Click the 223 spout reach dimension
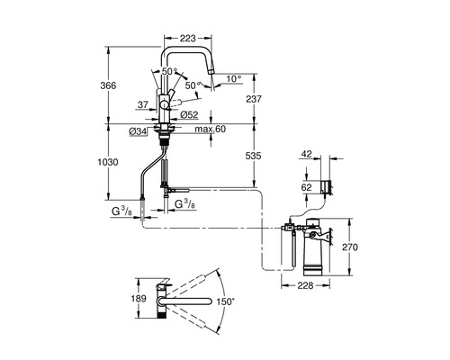[x=188, y=38]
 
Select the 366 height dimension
[x=108, y=85]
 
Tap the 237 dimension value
[x=254, y=99]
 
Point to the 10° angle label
[x=234, y=79]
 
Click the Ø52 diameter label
[x=189, y=114]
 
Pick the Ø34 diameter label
[x=138, y=131]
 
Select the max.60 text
[x=211, y=129]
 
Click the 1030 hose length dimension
[x=108, y=162]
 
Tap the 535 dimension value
[x=254, y=156]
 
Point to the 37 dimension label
[x=143, y=104]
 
